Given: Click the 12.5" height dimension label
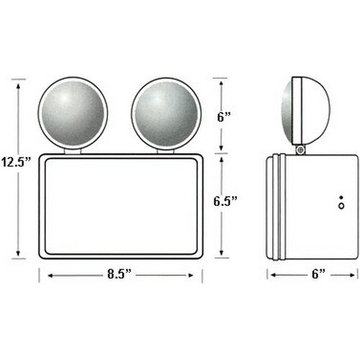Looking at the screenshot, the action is click(16, 162).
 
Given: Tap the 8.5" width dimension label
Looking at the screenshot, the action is click(120, 274).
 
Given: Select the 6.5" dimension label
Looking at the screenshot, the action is click(225, 201).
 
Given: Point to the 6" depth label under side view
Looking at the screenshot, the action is click(318, 274).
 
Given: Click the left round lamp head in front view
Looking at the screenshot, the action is click(73, 114).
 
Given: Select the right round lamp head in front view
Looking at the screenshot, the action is click(166, 114).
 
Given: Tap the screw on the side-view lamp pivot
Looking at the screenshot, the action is click(300, 150).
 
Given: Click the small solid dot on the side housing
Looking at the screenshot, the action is click(341, 197).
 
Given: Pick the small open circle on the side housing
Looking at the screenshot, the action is click(341, 206).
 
